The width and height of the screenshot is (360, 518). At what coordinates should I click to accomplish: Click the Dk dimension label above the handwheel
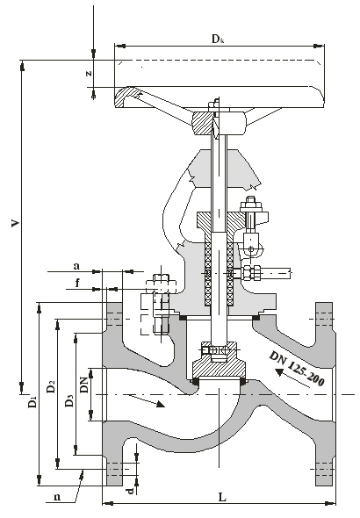218,39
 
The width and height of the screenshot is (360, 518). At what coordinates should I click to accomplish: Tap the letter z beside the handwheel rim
89,74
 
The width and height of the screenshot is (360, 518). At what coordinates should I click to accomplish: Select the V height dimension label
15,223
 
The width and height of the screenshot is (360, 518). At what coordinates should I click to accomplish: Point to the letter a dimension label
76,266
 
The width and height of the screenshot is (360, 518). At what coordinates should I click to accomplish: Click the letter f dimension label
77,283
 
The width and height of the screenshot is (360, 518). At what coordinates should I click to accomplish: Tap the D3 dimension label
68,400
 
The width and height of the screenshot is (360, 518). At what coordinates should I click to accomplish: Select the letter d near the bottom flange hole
131,491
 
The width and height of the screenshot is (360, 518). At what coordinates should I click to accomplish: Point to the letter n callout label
57,497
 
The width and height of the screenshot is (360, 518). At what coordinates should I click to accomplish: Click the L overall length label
223,497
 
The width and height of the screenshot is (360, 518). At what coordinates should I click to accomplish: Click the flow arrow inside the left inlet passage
147,400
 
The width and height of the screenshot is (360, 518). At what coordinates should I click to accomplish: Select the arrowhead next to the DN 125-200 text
279,372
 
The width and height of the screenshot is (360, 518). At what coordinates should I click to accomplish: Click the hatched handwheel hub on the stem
202,123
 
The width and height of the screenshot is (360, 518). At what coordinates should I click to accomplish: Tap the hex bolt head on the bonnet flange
161,284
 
